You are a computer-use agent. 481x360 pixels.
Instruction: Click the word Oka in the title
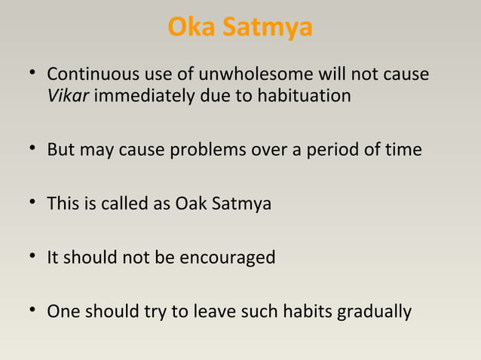[x=189, y=27]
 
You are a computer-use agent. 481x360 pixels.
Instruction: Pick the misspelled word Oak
[x=188, y=204]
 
